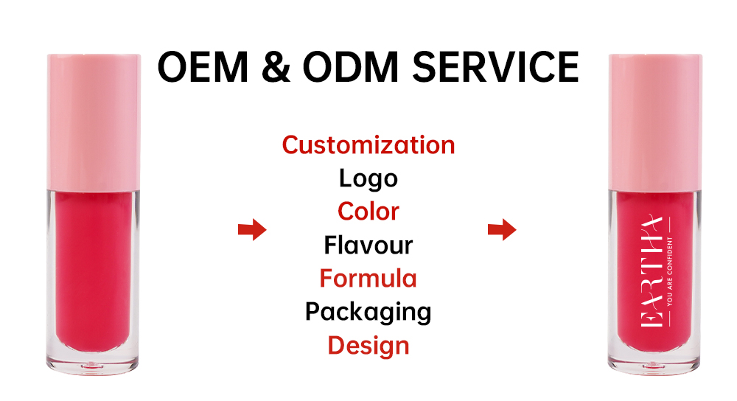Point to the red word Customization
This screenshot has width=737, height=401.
368,144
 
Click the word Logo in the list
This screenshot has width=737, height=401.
368,178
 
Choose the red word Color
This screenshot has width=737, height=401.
368,212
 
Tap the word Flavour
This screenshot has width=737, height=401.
368,245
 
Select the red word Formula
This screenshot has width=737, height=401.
368,279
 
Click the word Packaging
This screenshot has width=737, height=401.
368,313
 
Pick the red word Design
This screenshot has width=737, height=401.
368,346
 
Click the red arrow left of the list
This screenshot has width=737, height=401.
251,230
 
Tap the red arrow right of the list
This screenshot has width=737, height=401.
502,230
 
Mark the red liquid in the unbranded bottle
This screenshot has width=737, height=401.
94,273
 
